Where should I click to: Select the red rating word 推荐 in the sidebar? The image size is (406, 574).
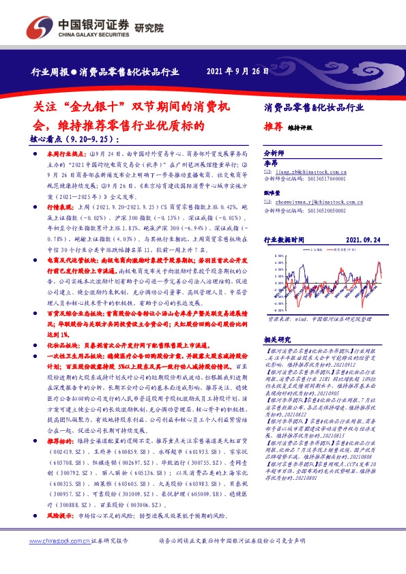(273, 127)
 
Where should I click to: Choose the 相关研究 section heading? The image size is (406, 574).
(276, 339)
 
